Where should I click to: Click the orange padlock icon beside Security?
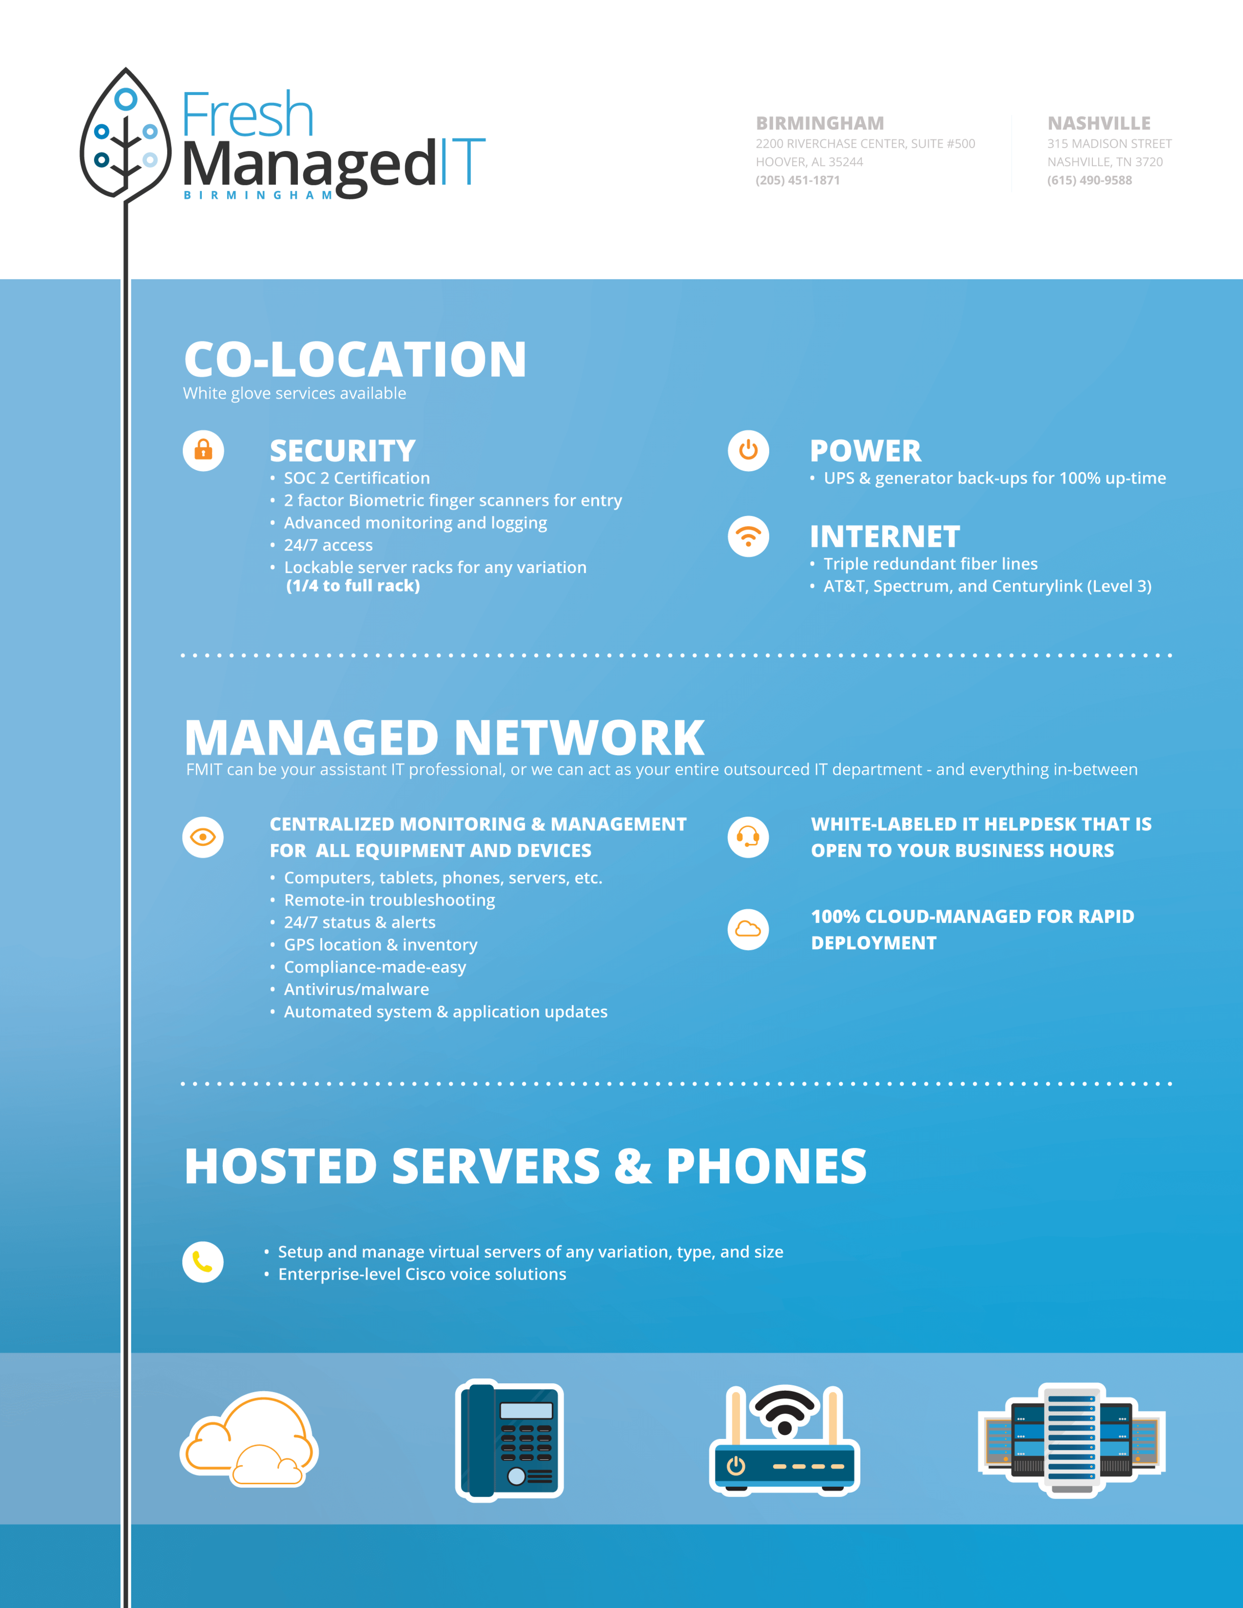coord(203,450)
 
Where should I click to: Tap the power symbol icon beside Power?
coord(748,450)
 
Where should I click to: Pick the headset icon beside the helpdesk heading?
coord(748,837)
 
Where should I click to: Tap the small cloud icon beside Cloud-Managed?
coord(748,929)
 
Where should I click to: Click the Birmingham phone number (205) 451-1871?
coord(798,180)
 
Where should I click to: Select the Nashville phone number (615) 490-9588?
coord(1089,180)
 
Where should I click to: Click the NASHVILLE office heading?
coord(1099,124)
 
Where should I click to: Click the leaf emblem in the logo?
coord(125,136)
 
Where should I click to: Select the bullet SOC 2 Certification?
coord(356,479)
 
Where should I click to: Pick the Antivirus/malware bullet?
coord(356,990)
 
